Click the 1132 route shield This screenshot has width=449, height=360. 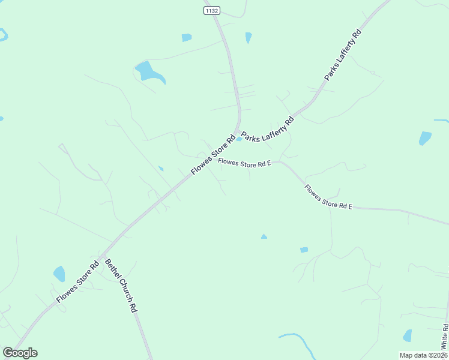(x=212, y=10)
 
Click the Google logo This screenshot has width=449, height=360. (x=20, y=353)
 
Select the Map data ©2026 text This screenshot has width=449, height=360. (x=423, y=355)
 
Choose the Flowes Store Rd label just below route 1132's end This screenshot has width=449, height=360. (x=212, y=154)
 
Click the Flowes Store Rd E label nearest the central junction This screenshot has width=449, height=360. (x=246, y=162)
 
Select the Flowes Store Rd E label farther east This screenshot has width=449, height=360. (x=328, y=197)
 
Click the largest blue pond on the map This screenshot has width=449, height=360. (x=148, y=71)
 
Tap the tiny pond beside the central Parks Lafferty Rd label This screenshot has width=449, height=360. (x=240, y=139)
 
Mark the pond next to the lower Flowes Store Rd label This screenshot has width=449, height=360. (x=59, y=274)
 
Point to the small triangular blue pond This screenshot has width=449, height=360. (x=264, y=236)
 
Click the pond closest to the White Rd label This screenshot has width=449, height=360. (x=408, y=335)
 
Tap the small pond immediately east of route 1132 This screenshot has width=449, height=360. (x=249, y=37)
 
